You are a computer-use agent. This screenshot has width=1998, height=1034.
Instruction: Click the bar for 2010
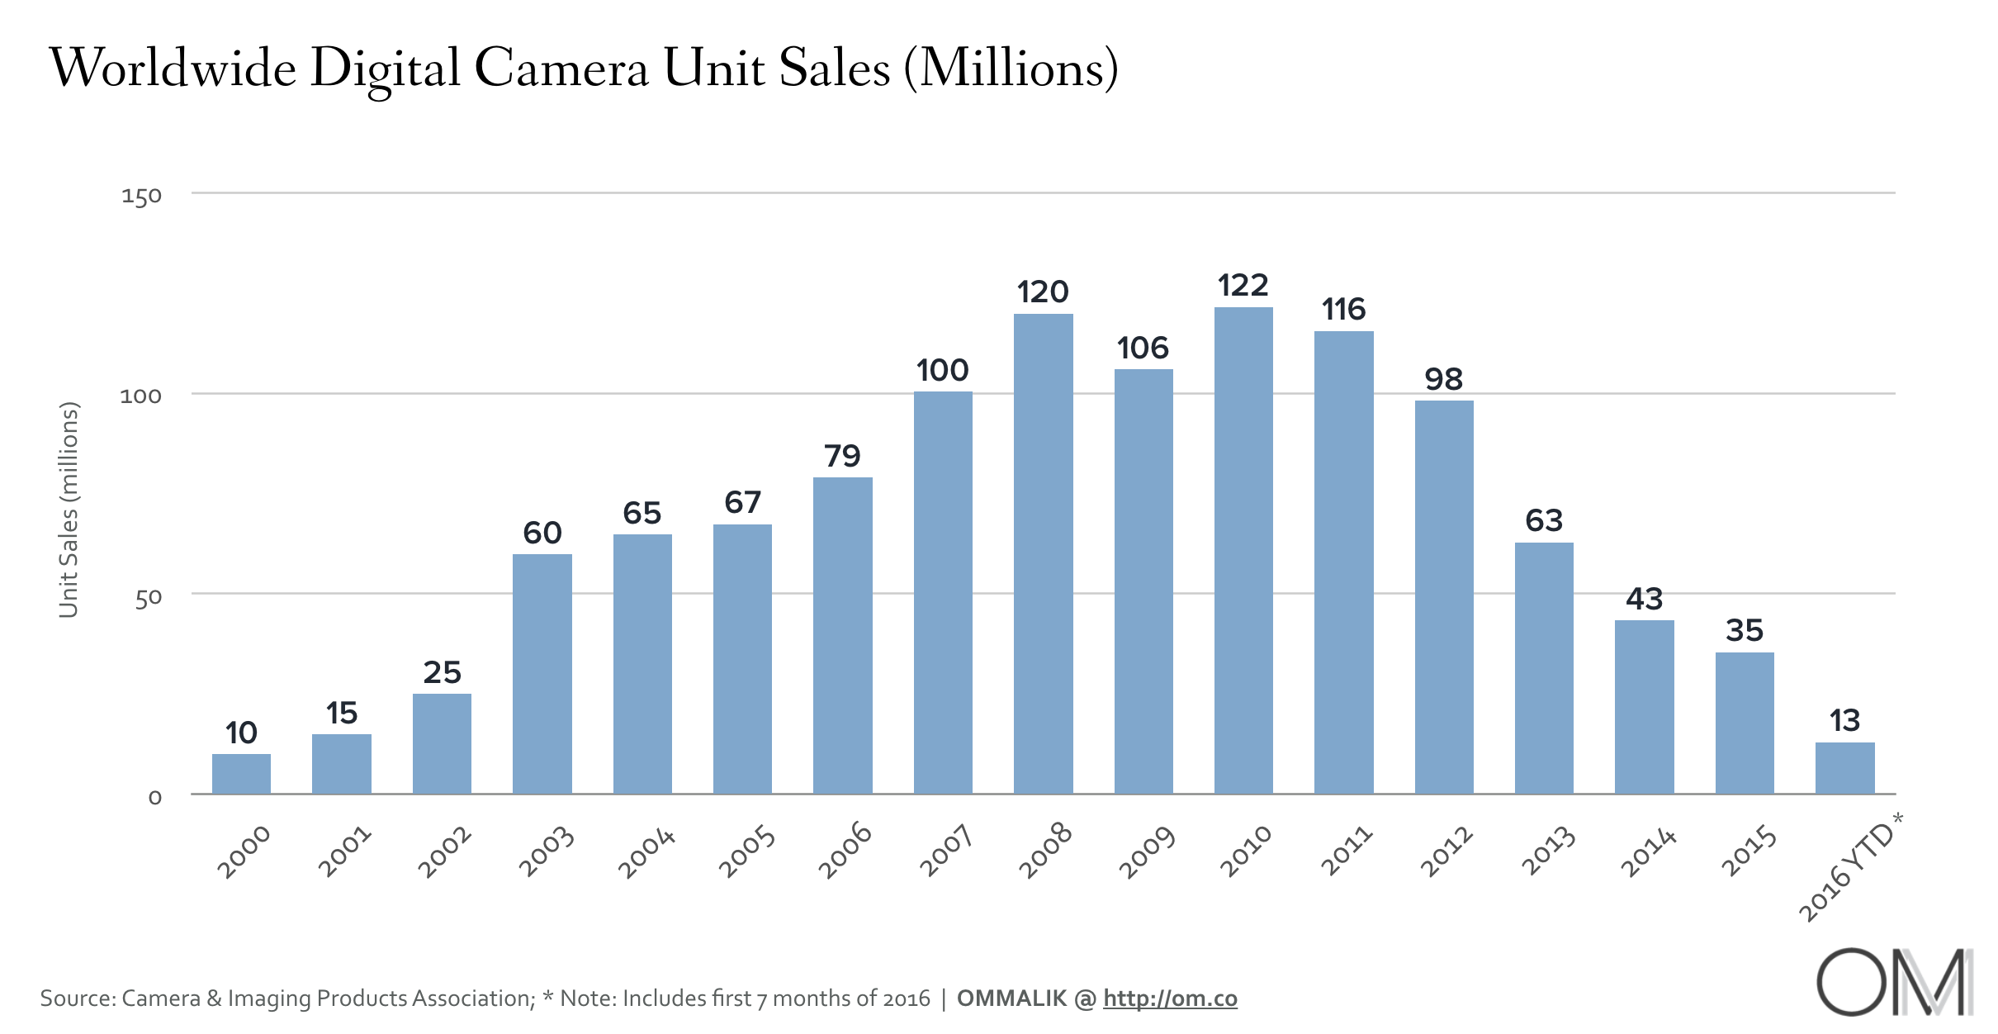(1243, 550)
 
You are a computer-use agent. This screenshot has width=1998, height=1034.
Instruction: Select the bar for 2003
(542, 673)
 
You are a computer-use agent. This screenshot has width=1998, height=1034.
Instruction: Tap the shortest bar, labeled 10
(241, 774)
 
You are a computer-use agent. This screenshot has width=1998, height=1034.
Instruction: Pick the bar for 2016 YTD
(1844, 768)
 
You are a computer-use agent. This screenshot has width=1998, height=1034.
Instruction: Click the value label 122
(1243, 286)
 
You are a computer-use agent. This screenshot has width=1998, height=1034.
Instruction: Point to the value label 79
(842, 456)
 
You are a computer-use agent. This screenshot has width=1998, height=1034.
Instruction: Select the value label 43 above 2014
(1644, 599)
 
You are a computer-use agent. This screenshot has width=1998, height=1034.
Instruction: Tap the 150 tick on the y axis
(141, 197)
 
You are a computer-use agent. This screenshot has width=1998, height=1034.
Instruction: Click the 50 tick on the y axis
(148, 597)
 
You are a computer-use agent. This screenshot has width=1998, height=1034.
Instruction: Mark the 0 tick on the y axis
(154, 798)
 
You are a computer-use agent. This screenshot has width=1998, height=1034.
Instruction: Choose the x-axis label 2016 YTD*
(1849, 867)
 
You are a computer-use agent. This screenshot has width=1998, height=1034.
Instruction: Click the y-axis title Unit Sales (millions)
(69, 510)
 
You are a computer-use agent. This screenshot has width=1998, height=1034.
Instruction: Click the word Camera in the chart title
(561, 68)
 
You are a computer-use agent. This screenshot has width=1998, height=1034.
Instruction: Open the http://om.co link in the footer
(1170, 998)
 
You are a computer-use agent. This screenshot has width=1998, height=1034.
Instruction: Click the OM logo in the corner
(1894, 982)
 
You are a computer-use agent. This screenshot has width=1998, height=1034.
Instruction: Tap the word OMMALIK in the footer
(1011, 998)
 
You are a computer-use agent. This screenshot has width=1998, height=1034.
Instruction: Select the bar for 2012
(1444, 597)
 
